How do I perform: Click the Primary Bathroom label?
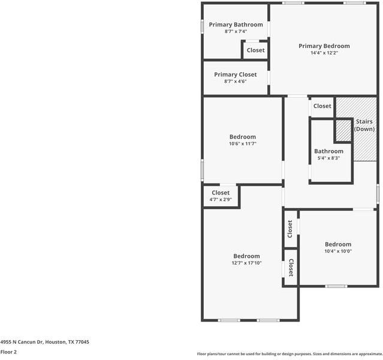tap(236, 25)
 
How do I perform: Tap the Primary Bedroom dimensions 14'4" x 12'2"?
tap(324, 53)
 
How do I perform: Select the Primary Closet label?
tap(236, 74)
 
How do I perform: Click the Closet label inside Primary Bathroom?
tap(256, 50)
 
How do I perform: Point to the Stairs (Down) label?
tap(364, 125)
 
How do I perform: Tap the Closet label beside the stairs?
tap(322, 106)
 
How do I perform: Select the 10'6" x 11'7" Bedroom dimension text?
tap(243, 144)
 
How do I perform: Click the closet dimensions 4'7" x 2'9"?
tap(221, 200)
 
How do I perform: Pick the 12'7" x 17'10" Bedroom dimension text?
tap(246, 263)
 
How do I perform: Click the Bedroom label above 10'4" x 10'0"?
tap(338, 244)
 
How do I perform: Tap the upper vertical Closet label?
tap(291, 228)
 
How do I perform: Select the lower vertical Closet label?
tap(291, 268)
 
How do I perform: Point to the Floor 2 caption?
tap(8, 352)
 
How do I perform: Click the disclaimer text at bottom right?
tap(289, 354)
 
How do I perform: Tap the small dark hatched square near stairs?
tap(343, 129)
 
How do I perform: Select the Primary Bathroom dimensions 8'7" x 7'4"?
tap(236, 31)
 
